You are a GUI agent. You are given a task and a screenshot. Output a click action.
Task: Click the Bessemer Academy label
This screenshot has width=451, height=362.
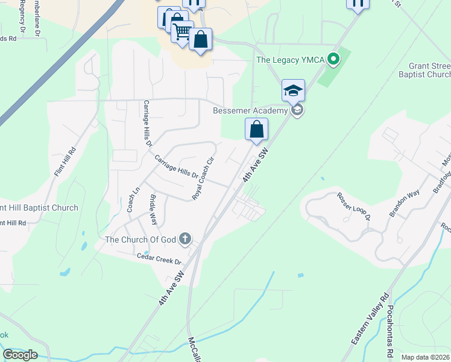point(250,111)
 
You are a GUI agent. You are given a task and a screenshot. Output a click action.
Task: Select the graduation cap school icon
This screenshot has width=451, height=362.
point(293,91)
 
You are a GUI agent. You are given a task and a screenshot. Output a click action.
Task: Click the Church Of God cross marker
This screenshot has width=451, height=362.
point(185,240)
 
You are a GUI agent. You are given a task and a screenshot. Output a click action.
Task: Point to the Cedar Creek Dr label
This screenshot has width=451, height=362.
point(159,258)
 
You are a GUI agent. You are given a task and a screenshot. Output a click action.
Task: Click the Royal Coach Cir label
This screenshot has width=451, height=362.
point(203,179)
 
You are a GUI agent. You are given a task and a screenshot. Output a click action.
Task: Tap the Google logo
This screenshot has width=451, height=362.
point(20,354)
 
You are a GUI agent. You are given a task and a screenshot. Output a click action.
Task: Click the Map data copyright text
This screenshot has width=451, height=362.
point(425,357)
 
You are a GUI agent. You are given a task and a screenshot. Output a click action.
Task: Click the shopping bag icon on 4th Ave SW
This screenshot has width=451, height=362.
point(256,129)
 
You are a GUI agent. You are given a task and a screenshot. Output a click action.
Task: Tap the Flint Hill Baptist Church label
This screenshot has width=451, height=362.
point(39,208)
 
